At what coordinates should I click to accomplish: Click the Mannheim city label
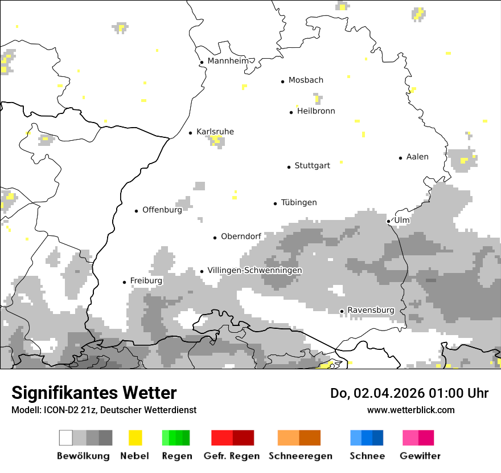pyautogui.click(x=228, y=61)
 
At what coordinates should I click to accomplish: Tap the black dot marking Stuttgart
pyautogui.click(x=289, y=167)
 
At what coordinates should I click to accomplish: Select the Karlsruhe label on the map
pyautogui.click(x=215, y=132)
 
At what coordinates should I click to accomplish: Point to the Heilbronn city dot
pyautogui.click(x=291, y=112)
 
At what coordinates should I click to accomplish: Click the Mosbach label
pyautogui.click(x=306, y=80)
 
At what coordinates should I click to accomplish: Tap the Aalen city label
pyautogui.click(x=417, y=157)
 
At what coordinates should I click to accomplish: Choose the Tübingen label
pyautogui.click(x=299, y=202)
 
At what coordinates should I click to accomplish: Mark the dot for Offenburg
pyautogui.click(x=136, y=211)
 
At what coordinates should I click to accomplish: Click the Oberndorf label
pyautogui.click(x=241, y=237)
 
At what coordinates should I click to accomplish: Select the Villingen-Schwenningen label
pyautogui.click(x=254, y=270)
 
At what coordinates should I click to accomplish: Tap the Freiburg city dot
pyautogui.click(x=124, y=282)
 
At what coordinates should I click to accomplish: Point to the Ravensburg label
pyautogui.click(x=371, y=310)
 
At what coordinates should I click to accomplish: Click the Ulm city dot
pyautogui.click(x=388, y=221)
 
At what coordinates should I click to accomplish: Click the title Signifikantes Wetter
pyautogui.click(x=94, y=393)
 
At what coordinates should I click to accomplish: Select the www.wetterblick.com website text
pyautogui.click(x=410, y=410)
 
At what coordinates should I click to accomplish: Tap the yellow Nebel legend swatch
pyautogui.click(x=135, y=438)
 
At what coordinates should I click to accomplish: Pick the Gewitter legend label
pyautogui.click(x=420, y=456)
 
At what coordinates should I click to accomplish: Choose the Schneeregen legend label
pyautogui.click(x=300, y=456)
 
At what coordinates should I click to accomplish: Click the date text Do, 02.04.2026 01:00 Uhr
pyautogui.click(x=409, y=393)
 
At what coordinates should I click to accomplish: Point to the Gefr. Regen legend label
pyautogui.click(x=232, y=456)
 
